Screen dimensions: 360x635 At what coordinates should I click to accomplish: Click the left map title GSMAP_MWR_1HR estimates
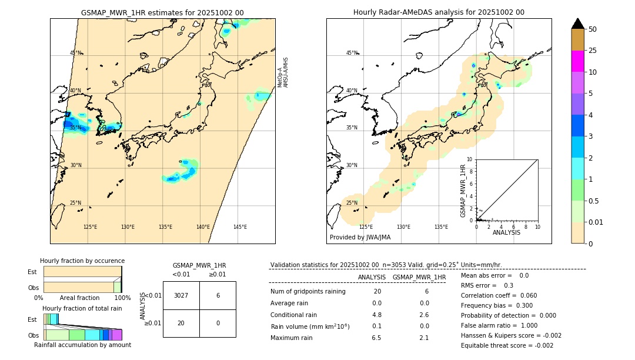[x=162, y=12]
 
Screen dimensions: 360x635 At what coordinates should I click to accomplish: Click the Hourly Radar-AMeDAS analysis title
[x=439, y=12]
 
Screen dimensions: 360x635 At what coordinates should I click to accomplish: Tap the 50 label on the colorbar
[x=593, y=29]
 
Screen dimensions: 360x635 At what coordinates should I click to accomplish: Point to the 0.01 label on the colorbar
[x=597, y=222]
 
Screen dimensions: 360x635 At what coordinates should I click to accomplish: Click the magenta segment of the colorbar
[x=577, y=61]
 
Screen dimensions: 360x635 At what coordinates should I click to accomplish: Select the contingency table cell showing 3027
[x=181, y=295]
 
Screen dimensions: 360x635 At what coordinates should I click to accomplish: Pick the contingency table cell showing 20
[x=181, y=323]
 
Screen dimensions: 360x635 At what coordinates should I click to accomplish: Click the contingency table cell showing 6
[x=218, y=295]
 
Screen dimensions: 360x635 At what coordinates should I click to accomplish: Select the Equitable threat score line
[x=507, y=345]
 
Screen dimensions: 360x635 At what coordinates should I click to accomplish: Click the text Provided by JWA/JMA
[x=360, y=237]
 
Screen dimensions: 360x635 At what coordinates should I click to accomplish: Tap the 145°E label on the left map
[x=240, y=227]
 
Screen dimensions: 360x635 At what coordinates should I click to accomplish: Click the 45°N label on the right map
[x=352, y=53]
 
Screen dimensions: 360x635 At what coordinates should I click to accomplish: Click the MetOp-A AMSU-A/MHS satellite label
[x=283, y=72]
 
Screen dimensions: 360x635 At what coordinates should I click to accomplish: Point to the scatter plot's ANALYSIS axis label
[x=507, y=232]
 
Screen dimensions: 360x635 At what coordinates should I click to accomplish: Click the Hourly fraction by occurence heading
[x=82, y=261]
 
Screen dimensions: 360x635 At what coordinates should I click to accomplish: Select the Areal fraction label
[x=79, y=298]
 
